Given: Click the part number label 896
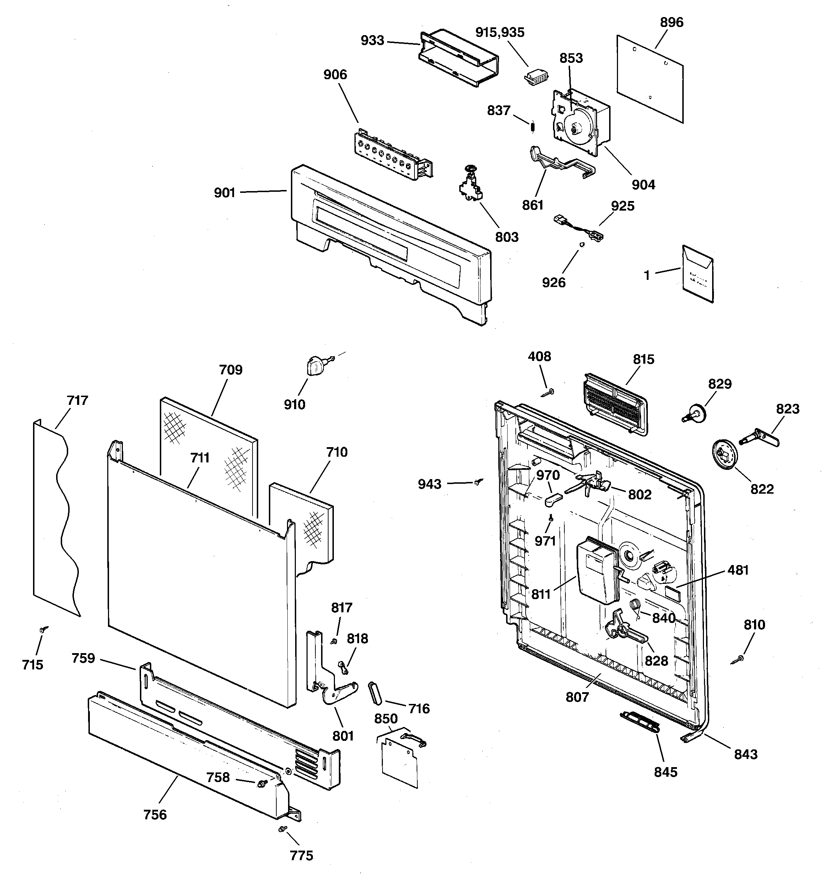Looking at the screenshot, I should tap(671, 22).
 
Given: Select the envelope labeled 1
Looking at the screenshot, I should tap(698, 274).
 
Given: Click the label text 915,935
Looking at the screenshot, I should tap(500, 32).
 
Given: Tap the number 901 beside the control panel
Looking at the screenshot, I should tap(224, 193).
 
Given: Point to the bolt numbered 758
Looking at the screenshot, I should tap(261, 783).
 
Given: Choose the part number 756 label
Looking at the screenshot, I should tap(155, 814).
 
